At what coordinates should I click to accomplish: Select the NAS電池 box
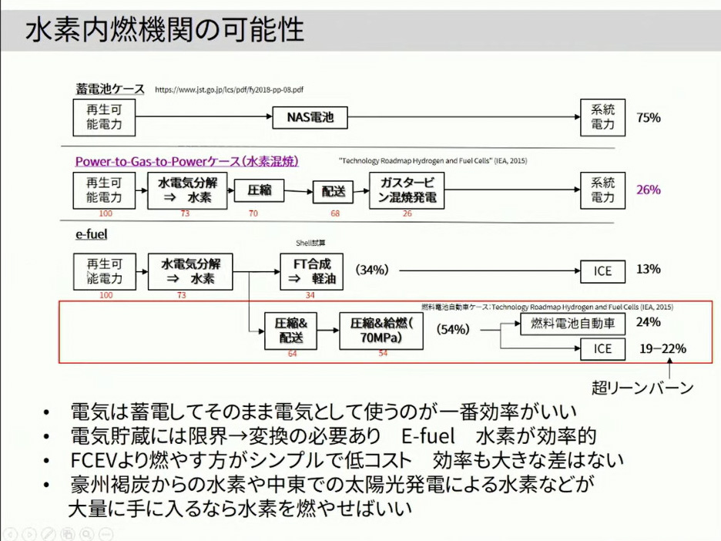[310, 118]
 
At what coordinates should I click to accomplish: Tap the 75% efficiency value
[649, 118]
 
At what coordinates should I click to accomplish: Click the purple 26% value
[649, 190]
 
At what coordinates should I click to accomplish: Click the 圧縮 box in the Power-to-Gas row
[260, 190]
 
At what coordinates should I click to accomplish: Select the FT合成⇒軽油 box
[311, 272]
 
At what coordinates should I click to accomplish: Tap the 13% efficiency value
[649, 269]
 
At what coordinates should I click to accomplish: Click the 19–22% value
[662, 349]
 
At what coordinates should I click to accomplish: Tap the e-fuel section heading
[91, 234]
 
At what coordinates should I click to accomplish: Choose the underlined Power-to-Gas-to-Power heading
[186, 161]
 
